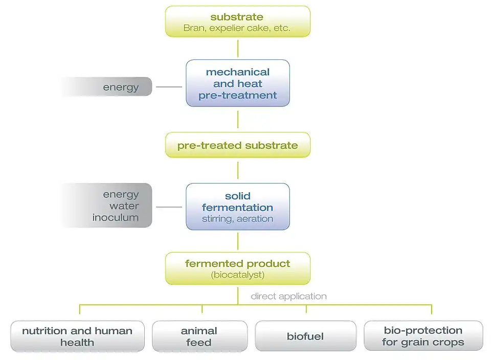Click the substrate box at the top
(237, 21)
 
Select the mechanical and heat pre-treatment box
(237, 83)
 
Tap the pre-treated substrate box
(237, 145)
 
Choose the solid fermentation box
(237, 206)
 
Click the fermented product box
(237, 268)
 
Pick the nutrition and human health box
(77, 336)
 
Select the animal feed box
(199, 336)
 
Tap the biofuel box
(305, 336)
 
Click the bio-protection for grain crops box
(423, 336)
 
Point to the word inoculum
(116, 217)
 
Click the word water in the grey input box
(124, 206)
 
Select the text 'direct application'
(288, 296)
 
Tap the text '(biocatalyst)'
(237, 275)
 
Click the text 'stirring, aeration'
(237, 219)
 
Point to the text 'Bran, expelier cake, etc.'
(237, 28)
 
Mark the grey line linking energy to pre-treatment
(169, 87)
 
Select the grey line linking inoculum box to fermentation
(169, 207)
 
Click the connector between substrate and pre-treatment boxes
(238, 48)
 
